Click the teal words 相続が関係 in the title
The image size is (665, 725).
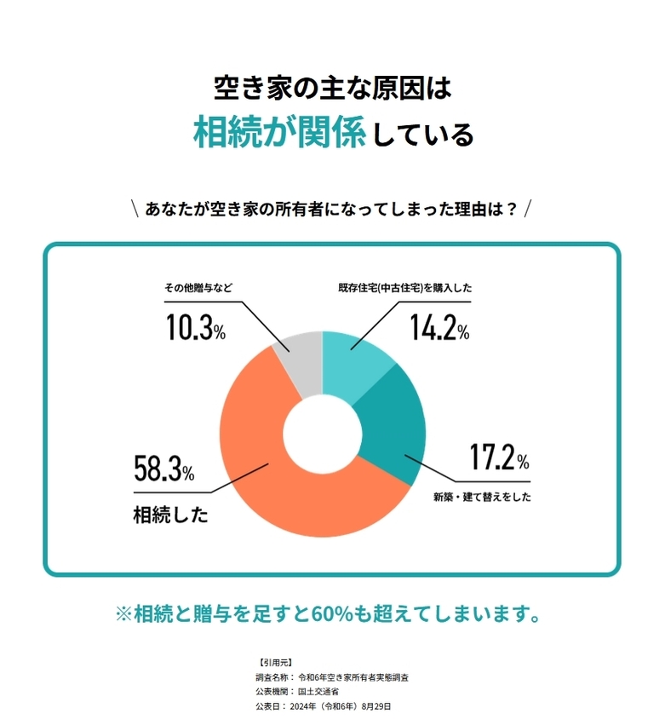279,134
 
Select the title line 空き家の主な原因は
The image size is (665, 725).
332,87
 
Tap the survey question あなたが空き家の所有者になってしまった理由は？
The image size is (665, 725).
332,209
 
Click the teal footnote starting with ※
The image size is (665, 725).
332,613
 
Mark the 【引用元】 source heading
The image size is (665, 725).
273,661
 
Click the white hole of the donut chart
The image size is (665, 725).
322,434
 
